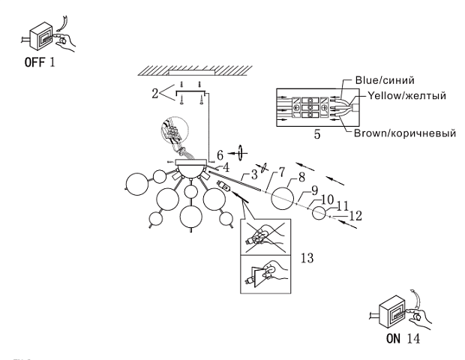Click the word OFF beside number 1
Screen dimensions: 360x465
coord(33,63)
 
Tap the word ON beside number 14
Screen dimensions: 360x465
coord(394,338)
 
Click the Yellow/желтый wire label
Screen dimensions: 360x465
coord(409,96)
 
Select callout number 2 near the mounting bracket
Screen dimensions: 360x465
coord(155,94)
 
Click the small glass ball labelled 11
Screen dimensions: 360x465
coord(320,213)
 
